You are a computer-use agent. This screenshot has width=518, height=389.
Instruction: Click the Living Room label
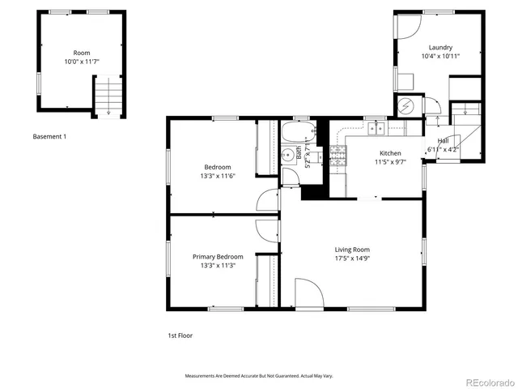[352, 250]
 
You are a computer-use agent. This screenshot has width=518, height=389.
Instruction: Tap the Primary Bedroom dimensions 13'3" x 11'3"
[217, 265]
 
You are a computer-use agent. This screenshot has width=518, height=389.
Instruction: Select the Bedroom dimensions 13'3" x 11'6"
[217, 176]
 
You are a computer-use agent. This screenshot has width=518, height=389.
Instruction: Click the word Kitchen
[390, 153]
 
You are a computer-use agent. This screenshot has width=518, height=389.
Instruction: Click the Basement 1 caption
[49, 136]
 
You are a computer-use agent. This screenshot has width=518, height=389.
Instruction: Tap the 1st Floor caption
[180, 335]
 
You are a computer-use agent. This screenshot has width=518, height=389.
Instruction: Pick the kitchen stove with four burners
[337, 156]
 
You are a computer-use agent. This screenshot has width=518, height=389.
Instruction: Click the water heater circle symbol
[406, 105]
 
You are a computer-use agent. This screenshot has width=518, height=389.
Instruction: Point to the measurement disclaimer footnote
[259, 376]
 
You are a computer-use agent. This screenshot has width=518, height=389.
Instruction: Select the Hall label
[443, 140]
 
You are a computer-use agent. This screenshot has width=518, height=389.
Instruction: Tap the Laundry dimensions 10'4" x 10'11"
[440, 56]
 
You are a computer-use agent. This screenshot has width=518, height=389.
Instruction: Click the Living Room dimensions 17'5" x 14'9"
[352, 259]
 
